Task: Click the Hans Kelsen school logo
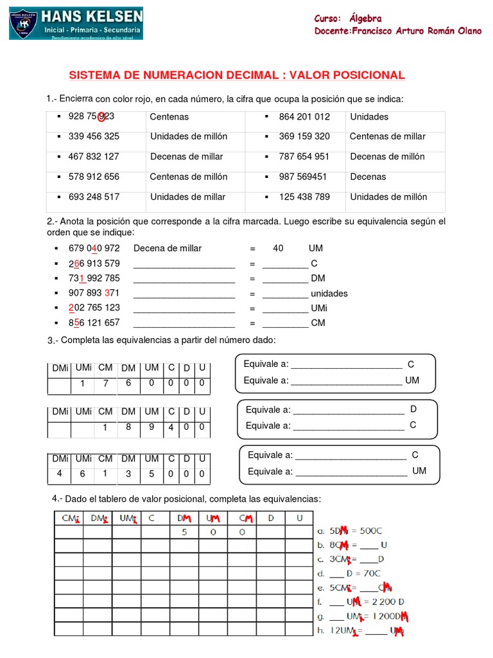[x=76, y=24]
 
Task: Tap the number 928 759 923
[x=91, y=116]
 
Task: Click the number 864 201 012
[x=304, y=117]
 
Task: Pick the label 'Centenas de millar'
[x=387, y=136]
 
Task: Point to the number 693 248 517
[x=94, y=197]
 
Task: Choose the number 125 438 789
[x=304, y=197]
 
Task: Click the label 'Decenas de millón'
[x=387, y=156]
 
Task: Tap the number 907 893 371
[x=94, y=293]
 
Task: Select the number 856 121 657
[x=94, y=323]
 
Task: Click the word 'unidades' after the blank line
[x=329, y=293]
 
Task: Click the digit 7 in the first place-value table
[x=105, y=384]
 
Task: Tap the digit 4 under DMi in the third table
[x=60, y=474]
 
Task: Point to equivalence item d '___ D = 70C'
[x=349, y=573]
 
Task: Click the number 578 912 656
[x=94, y=177]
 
